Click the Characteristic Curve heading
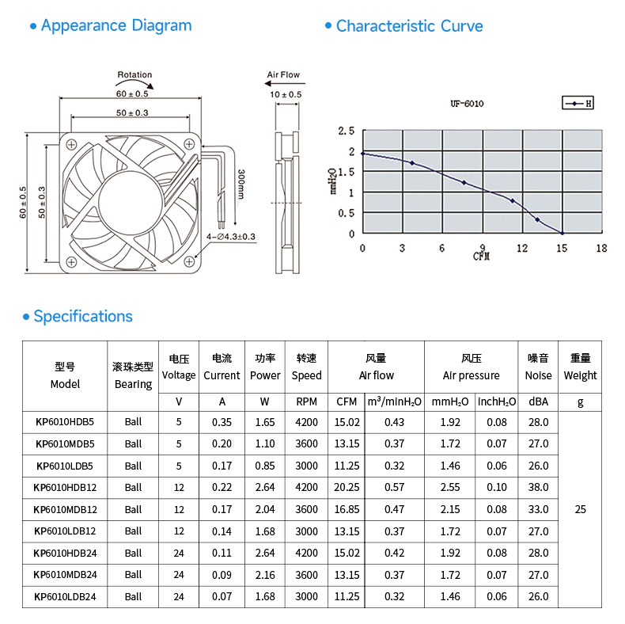[x=409, y=26]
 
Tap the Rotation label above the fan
[x=134, y=74]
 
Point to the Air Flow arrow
[x=285, y=83]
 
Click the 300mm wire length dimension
[x=241, y=184]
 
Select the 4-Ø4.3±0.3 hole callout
[x=231, y=237]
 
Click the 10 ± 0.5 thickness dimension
[x=286, y=94]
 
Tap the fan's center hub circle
[x=131, y=202]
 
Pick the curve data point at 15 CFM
[x=562, y=233]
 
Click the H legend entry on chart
[x=578, y=103]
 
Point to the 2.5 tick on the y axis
[x=346, y=131]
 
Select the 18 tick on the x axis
[x=601, y=248]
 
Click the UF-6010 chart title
[x=467, y=104]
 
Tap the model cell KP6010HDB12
[x=65, y=488]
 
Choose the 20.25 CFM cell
[x=347, y=488]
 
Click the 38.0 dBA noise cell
[x=538, y=488]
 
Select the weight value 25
[x=580, y=509]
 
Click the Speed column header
[x=306, y=375]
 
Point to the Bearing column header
[x=133, y=384]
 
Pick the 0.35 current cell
[x=222, y=422]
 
